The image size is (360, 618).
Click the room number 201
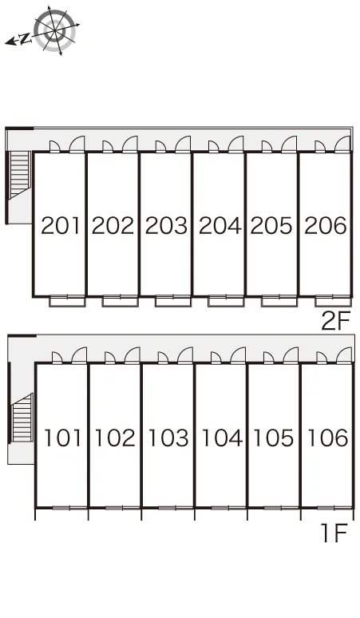[60, 225]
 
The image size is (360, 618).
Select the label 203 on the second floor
[166, 225]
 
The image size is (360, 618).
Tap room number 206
[326, 225]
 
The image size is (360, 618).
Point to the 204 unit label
[220, 225]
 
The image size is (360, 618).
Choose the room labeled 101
[62, 438]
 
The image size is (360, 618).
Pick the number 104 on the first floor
[222, 438]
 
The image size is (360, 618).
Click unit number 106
[327, 438]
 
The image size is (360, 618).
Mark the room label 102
[115, 438]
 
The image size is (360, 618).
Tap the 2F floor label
[335, 321]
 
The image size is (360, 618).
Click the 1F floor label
[334, 533]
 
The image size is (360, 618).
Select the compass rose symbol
[54, 30]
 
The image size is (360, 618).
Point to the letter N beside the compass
[25, 38]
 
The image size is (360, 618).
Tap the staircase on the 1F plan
[22, 418]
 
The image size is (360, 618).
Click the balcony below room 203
[173, 302]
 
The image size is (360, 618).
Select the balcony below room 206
[333, 302]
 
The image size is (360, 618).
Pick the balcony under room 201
[67, 302]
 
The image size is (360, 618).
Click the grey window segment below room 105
[272, 508]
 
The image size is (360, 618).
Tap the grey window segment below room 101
[61, 508]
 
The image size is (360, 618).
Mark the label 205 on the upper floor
[271, 225]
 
